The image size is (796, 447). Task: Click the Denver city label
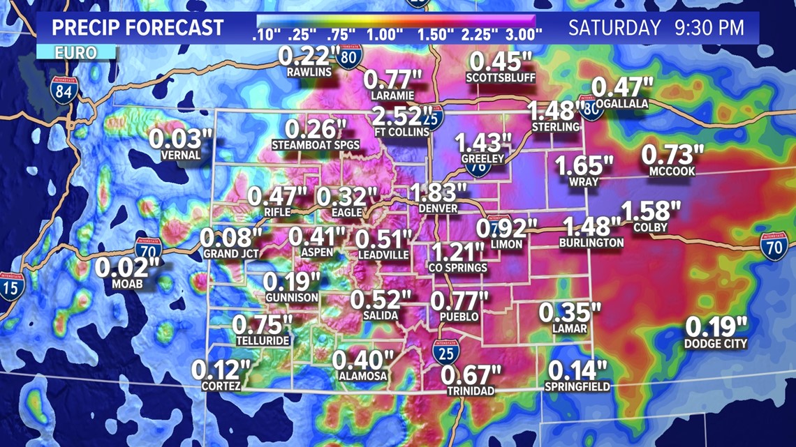[x=438, y=209]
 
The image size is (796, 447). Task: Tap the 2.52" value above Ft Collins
[x=401, y=115]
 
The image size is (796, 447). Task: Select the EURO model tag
[x=77, y=53]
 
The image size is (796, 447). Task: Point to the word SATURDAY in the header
[x=614, y=29]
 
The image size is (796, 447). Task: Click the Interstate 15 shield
[x=11, y=287]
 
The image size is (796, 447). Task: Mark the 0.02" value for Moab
[x=128, y=268]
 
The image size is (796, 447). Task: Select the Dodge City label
[x=716, y=343]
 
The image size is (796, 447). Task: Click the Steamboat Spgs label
[x=316, y=145]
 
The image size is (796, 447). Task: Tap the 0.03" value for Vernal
[x=180, y=139]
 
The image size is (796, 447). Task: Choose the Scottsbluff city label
[x=501, y=77]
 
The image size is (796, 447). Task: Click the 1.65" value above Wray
[x=584, y=166]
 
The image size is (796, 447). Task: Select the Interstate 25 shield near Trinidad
[x=445, y=352]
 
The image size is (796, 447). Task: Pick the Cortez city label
[x=221, y=386]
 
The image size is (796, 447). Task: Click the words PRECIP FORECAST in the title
[x=138, y=28]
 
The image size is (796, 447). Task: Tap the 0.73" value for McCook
[x=672, y=155]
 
